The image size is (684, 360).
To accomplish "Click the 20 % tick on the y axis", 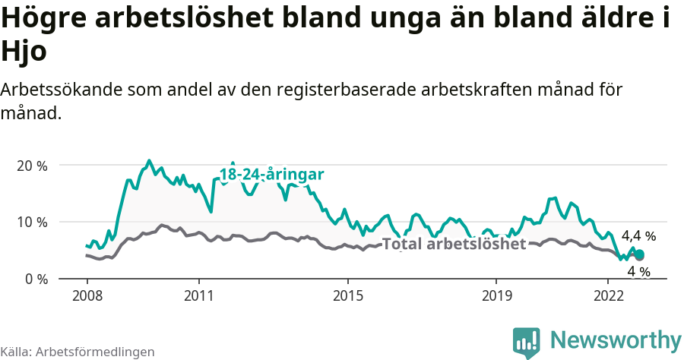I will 32,166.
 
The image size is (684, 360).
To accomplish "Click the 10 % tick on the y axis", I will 32,223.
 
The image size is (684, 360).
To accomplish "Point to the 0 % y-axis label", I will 35,279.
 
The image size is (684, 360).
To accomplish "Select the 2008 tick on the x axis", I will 87,295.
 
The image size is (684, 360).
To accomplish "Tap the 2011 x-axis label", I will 198,295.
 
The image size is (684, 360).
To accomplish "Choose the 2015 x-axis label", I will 347,295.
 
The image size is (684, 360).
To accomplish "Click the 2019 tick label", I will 496,295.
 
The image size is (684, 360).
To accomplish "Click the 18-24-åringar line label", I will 272,175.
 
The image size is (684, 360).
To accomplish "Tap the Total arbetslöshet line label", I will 454,245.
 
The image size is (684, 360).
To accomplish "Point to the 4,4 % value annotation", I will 638,236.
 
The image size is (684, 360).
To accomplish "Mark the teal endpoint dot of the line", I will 639,255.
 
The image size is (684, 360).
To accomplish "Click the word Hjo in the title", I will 24,52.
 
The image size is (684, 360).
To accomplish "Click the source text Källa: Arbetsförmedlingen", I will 78,352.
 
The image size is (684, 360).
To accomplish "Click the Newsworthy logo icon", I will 526,342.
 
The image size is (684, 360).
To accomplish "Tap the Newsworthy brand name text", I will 616,339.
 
